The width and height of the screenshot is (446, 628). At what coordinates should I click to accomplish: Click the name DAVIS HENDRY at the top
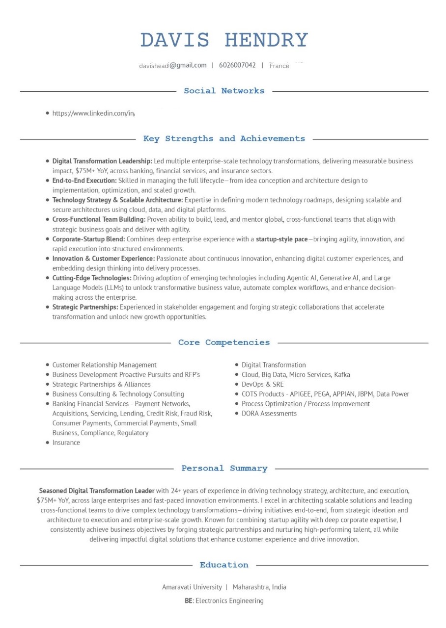tap(224, 40)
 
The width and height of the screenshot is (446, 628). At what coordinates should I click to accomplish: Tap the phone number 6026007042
tap(237, 65)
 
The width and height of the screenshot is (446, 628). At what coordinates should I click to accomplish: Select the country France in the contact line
tap(279, 66)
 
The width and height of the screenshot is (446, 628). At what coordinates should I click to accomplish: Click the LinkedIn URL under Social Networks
tap(93, 113)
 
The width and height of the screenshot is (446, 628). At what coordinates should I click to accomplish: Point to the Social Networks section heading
tap(224, 91)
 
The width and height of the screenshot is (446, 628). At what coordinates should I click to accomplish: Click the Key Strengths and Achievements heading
tap(224, 139)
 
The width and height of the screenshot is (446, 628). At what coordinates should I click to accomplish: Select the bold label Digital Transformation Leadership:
tap(102, 161)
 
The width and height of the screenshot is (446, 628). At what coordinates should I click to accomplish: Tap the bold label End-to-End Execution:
tap(84, 181)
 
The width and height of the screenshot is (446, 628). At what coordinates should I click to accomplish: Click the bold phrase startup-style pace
tap(281, 239)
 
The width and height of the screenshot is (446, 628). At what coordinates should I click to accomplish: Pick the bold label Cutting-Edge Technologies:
tap(92, 278)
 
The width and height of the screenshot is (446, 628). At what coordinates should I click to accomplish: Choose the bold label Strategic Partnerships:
tap(85, 307)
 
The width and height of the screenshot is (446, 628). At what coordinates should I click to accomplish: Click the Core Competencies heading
tap(224, 342)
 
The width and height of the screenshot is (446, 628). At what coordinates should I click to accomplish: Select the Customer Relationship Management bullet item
tap(104, 365)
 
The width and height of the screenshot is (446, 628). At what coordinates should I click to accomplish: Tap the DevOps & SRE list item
tap(262, 384)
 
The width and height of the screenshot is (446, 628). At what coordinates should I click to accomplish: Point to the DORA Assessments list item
tap(269, 414)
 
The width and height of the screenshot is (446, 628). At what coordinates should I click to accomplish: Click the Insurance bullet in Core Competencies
tap(66, 443)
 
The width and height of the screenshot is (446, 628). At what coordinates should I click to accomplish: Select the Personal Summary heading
tap(224, 469)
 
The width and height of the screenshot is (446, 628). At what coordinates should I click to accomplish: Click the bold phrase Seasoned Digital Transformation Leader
tap(97, 491)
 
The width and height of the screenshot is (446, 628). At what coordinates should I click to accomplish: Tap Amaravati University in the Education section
tap(192, 587)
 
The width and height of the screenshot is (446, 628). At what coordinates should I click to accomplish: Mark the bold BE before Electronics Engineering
tap(188, 601)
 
